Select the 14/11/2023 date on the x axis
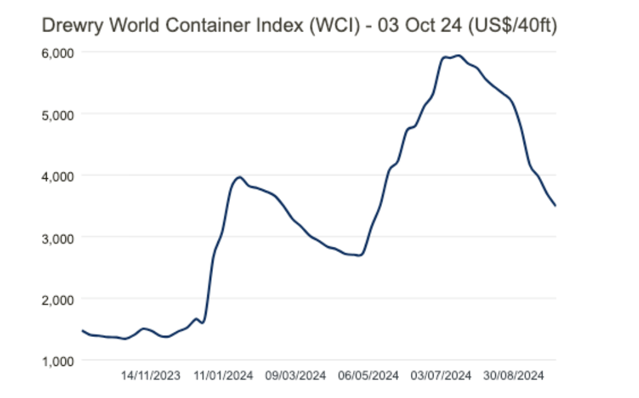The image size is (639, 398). [x=151, y=376]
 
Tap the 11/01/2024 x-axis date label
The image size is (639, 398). [x=223, y=376]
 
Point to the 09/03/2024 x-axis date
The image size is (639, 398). [x=296, y=376]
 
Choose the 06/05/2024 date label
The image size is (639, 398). [x=369, y=376]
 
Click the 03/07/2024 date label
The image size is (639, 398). [x=441, y=376]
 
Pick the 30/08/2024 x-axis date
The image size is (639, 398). [x=514, y=376]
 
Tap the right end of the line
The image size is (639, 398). [x=555, y=205]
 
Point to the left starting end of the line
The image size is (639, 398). [x=83, y=330]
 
